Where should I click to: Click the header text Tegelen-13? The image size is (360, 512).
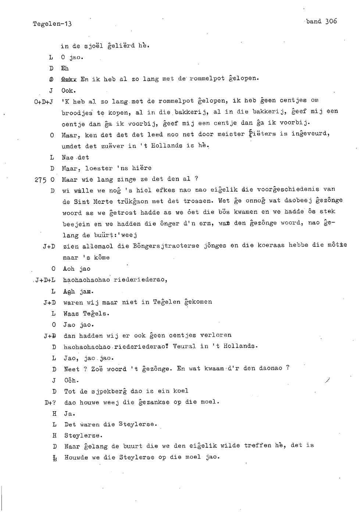click(52, 24)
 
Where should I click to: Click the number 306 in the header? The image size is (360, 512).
click(331, 21)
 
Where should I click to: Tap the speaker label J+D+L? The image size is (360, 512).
click(45, 280)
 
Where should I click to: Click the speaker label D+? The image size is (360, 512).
click(50, 402)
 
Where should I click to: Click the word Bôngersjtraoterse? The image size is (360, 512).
click(166, 246)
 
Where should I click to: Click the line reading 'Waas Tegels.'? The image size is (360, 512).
click(86, 314)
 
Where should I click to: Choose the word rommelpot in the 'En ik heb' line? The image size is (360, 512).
click(207, 79)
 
